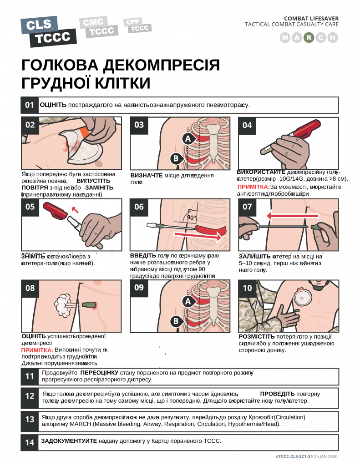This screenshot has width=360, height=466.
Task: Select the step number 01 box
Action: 30,105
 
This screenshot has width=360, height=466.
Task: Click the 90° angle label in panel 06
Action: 191,217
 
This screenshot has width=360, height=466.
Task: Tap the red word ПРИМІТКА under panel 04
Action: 253,187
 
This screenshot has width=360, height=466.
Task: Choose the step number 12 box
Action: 30,396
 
